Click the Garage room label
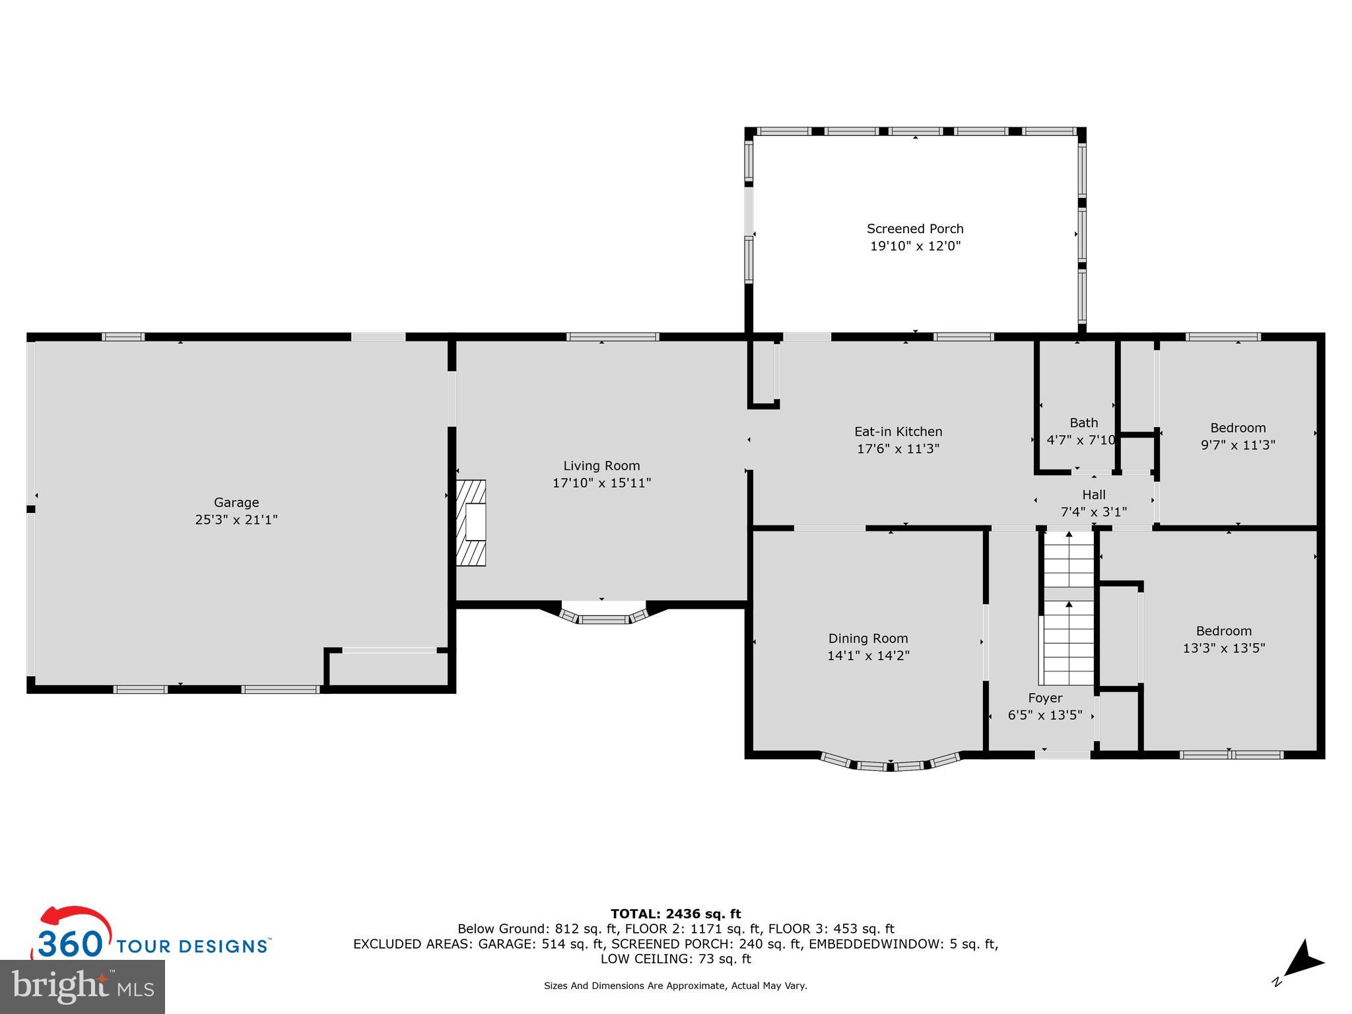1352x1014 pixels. pos(236,502)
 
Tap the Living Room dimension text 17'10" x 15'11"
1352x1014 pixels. pos(601,483)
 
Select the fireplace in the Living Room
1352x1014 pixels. pos(471,523)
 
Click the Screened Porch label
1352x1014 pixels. pos(915,229)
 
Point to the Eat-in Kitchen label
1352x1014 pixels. pos(898,432)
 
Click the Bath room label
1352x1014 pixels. pos(1084,422)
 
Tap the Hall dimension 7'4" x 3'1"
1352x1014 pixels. pos(1094,512)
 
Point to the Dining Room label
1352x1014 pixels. pos(868,638)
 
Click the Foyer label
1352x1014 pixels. pos(1045,698)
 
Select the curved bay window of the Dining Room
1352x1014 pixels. pos(890,762)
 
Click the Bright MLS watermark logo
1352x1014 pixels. pos(83,987)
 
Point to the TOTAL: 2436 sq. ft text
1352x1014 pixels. pos(675,914)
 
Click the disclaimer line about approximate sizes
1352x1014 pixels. pos(675,986)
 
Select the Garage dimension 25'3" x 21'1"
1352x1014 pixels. pos(236,520)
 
